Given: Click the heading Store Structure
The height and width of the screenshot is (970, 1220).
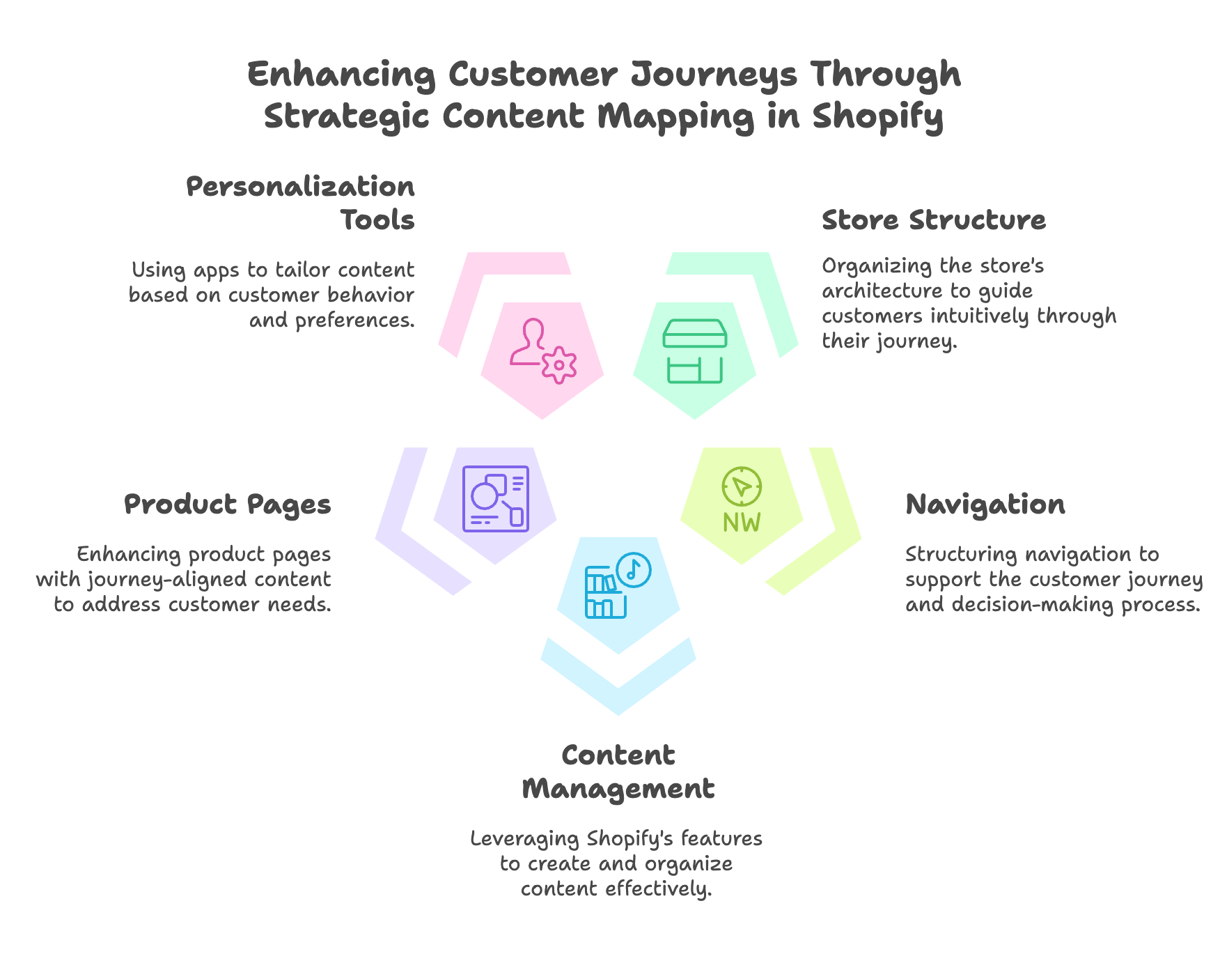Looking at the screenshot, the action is (x=934, y=220).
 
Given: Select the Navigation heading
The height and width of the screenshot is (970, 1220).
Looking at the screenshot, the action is (x=985, y=505).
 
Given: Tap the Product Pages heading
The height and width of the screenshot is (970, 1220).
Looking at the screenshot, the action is (x=228, y=505).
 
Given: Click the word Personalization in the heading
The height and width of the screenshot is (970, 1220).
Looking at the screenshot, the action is (x=301, y=187).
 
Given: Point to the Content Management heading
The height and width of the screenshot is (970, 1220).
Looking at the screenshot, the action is (x=618, y=772).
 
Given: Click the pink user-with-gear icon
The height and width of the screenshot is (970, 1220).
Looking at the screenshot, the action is (x=543, y=351).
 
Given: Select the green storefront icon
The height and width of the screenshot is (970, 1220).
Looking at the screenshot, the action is (x=695, y=351).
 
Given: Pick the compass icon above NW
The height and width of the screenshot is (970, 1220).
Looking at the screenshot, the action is (x=742, y=486).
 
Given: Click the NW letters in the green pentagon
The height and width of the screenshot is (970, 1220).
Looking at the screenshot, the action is (x=742, y=522).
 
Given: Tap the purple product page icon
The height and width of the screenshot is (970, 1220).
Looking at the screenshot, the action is (x=496, y=498).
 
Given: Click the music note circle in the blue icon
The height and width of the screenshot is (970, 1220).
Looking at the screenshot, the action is (x=633, y=570).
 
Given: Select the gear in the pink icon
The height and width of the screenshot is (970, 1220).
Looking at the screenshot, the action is (x=558, y=365).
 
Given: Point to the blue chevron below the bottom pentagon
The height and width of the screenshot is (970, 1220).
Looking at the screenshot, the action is (x=618, y=686).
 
